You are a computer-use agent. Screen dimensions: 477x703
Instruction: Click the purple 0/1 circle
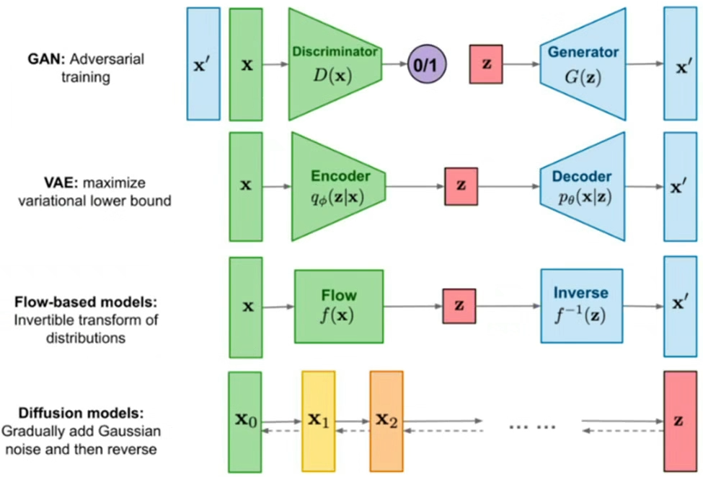(x=428, y=65)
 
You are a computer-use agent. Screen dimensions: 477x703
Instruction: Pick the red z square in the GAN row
(x=486, y=64)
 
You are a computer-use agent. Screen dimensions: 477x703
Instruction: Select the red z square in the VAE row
(x=461, y=186)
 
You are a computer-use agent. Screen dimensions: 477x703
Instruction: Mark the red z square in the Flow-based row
(x=459, y=306)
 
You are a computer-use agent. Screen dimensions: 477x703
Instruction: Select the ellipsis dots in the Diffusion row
(x=532, y=426)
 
